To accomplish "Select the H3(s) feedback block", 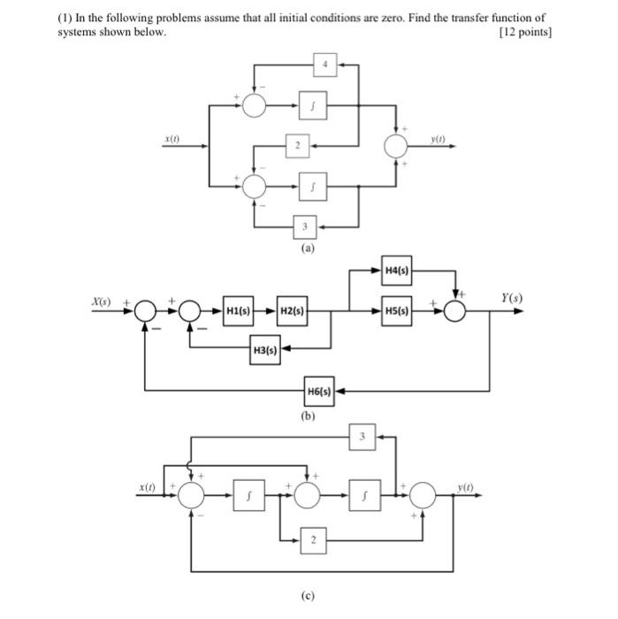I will coord(265,350).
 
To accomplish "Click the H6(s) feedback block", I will coord(319,390).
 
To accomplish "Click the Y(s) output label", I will coord(511,298).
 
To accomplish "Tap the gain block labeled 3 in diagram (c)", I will coord(362,436).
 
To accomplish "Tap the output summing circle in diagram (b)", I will coord(455,311).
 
